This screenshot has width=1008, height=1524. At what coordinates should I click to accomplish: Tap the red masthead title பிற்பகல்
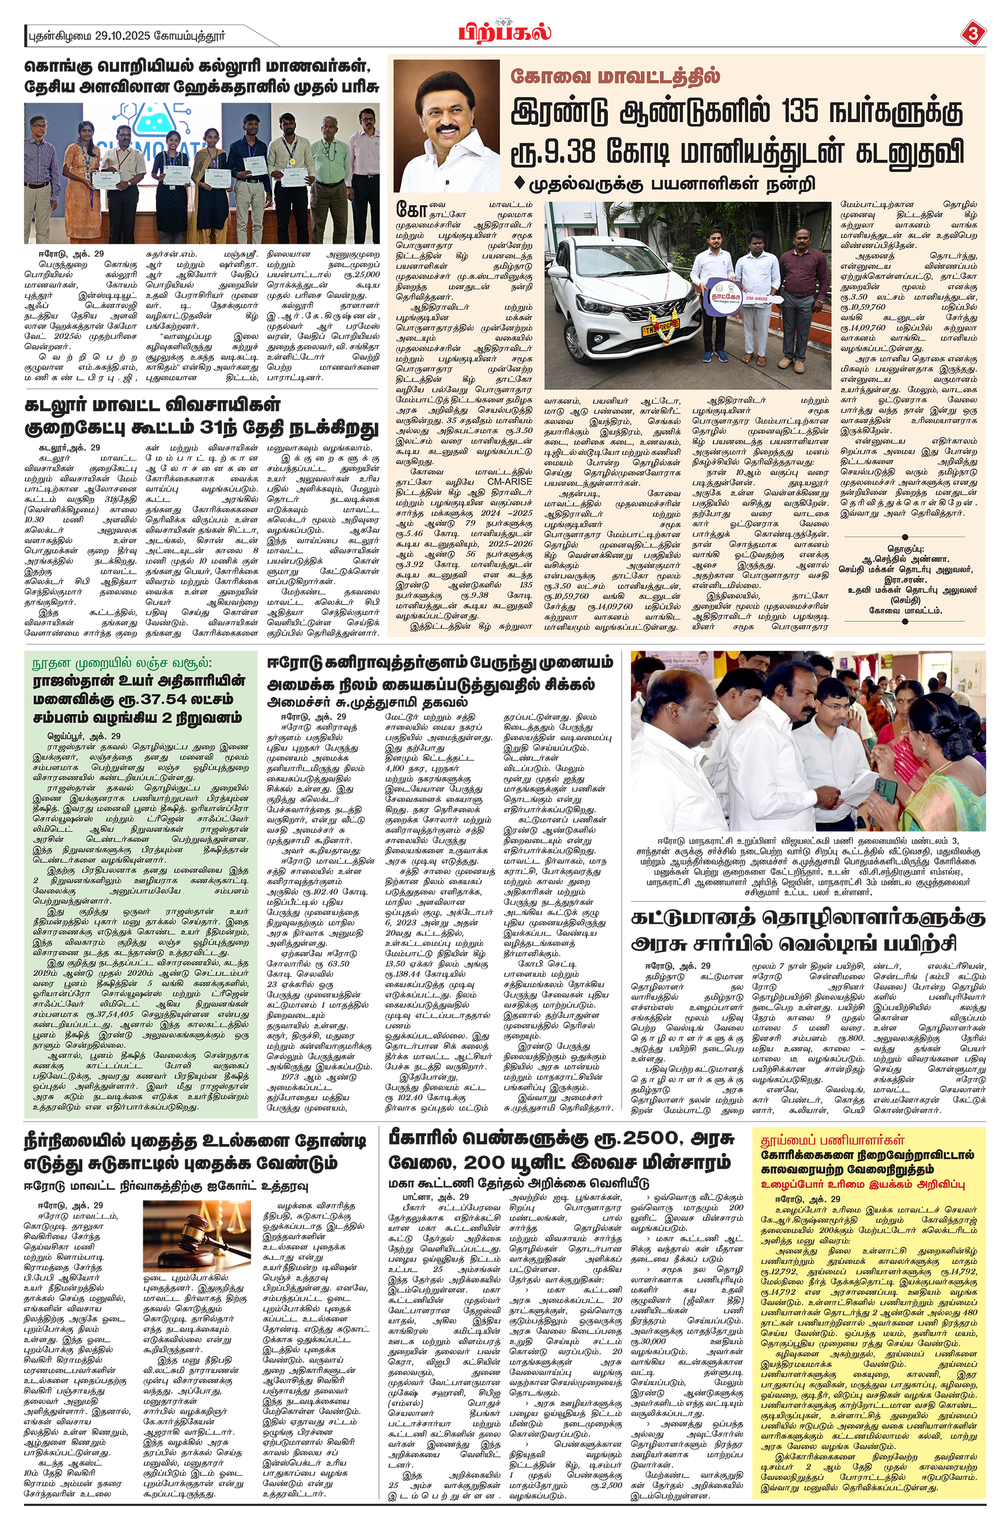[x=505, y=31]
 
